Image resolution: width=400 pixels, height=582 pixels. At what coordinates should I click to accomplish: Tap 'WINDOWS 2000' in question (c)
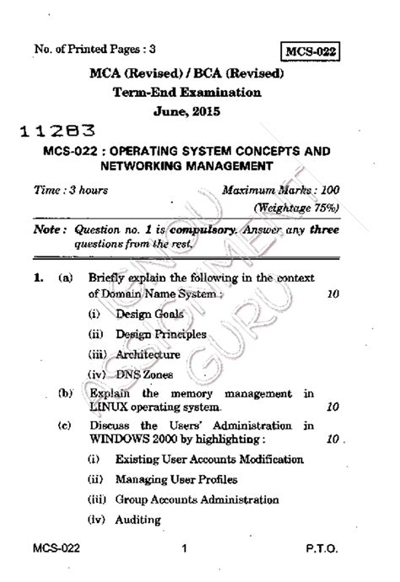(x=130, y=439)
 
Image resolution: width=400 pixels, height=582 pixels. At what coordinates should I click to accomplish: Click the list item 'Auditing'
(x=138, y=520)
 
